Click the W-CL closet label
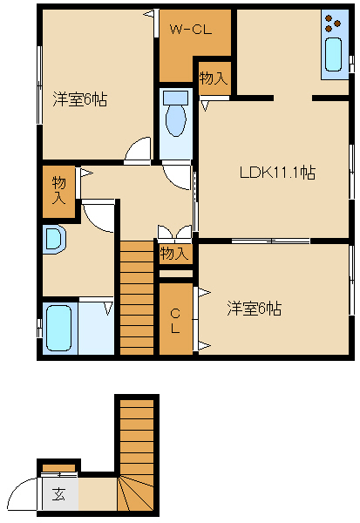[x=191, y=30]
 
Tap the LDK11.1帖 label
[x=277, y=173]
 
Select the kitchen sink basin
[x=333, y=54]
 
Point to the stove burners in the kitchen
[x=333, y=24]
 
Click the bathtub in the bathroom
[x=58, y=329]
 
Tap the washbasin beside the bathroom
[x=54, y=240]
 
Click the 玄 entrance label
[x=58, y=494]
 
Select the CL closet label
[x=175, y=321]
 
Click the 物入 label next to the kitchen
[x=214, y=78]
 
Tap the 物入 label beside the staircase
[x=173, y=254]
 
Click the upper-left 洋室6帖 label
[x=80, y=99]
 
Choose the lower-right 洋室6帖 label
[x=255, y=309]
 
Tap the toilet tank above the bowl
[x=175, y=98]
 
